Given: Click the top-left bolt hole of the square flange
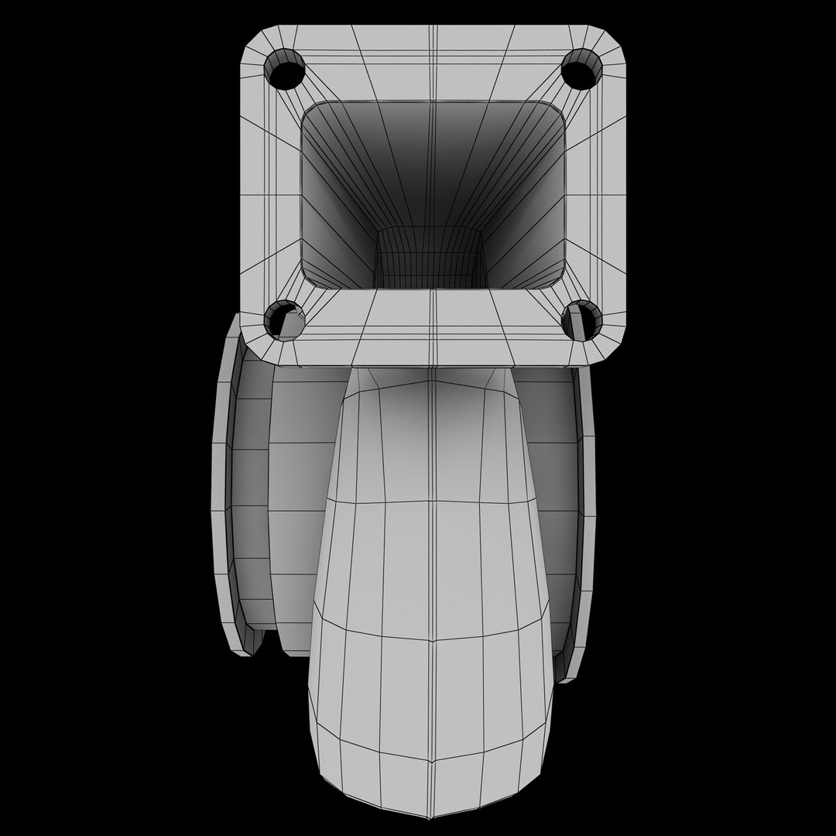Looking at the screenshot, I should coord(284,71).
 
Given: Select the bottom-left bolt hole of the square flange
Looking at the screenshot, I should coord(283,320).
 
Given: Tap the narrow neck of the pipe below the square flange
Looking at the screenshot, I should coord(430,387).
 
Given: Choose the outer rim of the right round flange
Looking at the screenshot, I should coord(587,503).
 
